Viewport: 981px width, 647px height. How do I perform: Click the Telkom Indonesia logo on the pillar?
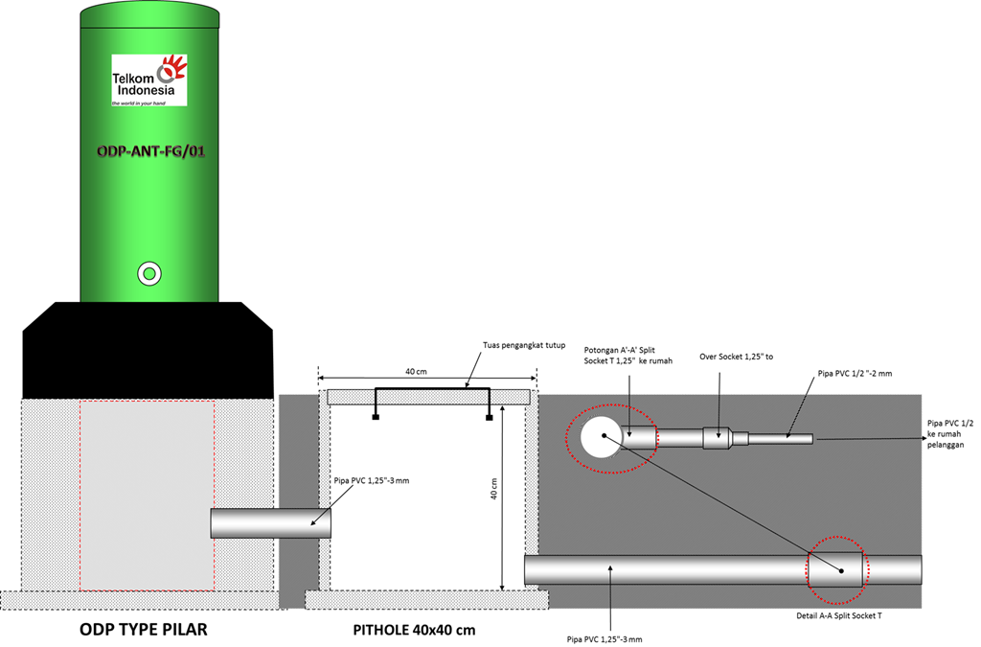pyautogui.click(x=148, y=80)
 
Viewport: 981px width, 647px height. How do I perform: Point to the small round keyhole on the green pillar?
pyautogui.click(x=148, y=273)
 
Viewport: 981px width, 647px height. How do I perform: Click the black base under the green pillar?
pyautogui.click(x=148, y=350)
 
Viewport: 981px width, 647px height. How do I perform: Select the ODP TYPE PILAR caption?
pyautogui.click(x=143, y=630)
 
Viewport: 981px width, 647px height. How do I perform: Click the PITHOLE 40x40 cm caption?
pyautogui.click(x=414, y=630)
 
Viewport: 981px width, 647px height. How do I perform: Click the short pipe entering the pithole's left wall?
pyautogui.click(x=271, y=523)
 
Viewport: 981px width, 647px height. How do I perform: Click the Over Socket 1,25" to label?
pyautogui.click(x=736, y=356)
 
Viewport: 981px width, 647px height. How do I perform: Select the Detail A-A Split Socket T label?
pyautogui.click(x=839, y=615)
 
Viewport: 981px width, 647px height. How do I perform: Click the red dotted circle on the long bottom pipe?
pyautogui.click(x=838, y=569)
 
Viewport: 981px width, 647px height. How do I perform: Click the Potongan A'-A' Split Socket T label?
pyautogui.click(x=628, y=355)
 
